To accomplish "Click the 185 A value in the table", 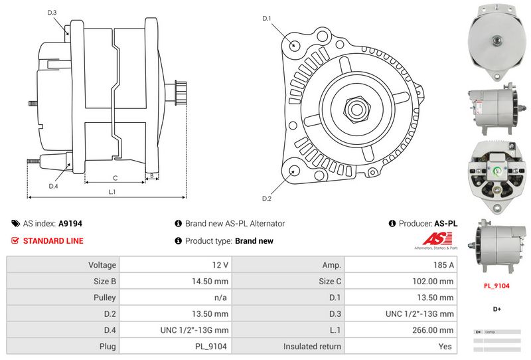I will [x=443, y=264].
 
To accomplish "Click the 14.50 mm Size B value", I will [x=211, y=281].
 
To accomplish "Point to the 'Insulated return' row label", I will [x=312, y=346].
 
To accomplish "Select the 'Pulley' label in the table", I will [x=105, y=298].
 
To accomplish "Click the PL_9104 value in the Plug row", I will [x=211, y=346].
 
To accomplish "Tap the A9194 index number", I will [x=70, y=224].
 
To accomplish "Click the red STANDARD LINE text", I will [x=53, y=241].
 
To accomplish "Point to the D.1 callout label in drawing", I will [x=267, y=19].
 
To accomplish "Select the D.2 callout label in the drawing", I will [x=267, y=199].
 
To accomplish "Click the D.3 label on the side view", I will [x=52, y=13].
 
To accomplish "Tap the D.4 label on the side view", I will [x=53, y=186].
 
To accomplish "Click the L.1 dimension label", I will [x=112, y=192].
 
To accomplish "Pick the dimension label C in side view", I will [x=115, y=177].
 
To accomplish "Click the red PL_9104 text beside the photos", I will [x=496, y=286].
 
